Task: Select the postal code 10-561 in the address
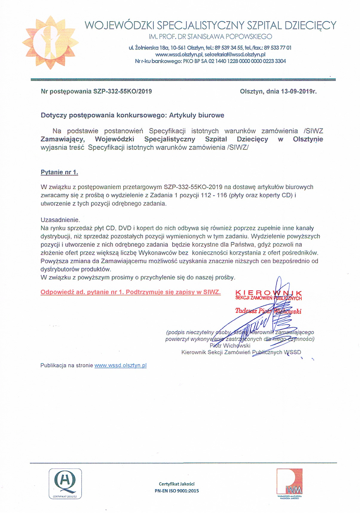pos(178,48)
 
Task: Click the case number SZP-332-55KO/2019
pos(122,91)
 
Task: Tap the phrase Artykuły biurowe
pos(197,115)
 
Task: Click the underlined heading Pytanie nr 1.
pos(59,172)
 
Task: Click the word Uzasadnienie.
pos(60,220)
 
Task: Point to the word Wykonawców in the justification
pos(165,253)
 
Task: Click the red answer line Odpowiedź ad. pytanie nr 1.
pos(131,292)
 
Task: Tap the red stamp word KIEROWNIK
pos(268,293)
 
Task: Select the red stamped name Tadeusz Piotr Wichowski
pos(268,311)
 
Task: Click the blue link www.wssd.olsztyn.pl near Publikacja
pos(120,365)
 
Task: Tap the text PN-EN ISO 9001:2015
pos(177,491)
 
